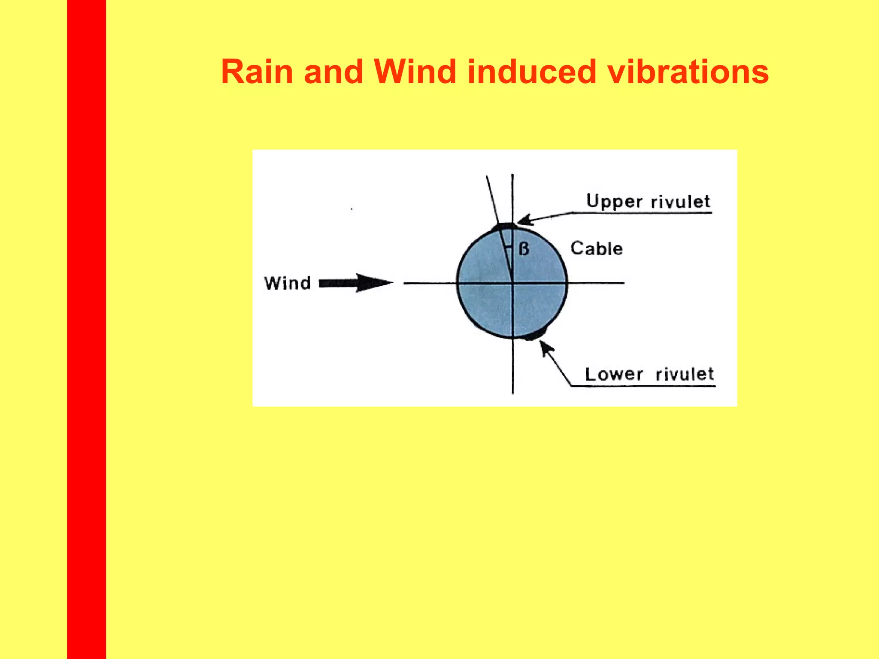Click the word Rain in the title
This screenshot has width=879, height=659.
257,72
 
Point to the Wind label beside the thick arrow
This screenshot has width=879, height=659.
287,283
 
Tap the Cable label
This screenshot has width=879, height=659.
597,249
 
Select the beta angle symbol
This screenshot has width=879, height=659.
524,249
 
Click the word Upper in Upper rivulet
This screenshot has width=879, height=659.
614,202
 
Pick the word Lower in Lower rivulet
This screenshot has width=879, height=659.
614,374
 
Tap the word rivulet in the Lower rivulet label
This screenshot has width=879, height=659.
685,374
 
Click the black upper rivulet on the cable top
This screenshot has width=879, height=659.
504,226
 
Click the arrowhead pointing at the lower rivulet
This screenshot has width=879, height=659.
544,346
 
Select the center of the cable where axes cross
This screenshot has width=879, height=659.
512,283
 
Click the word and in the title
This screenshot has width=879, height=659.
333,72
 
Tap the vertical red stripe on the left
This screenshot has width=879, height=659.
86,329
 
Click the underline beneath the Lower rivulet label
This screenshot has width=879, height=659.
644,387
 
